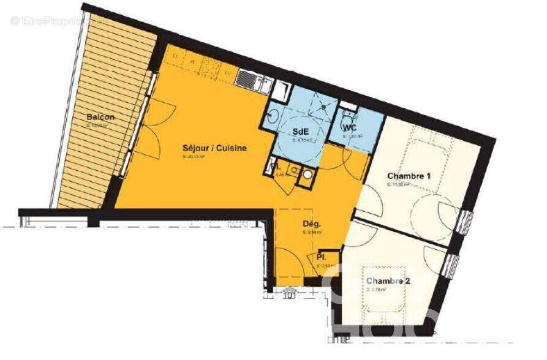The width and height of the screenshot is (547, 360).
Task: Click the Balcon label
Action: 100,118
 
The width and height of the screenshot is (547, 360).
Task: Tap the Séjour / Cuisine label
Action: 214,148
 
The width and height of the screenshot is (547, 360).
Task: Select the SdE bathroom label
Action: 300,132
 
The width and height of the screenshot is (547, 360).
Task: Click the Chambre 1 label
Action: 409,177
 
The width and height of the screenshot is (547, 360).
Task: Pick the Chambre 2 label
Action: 388,281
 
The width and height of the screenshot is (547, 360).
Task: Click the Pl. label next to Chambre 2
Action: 321,257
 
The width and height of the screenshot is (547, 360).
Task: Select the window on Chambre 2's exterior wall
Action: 453,266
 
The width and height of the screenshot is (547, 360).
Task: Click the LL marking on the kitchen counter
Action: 176,56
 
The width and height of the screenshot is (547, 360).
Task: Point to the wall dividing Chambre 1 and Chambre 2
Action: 401,229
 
